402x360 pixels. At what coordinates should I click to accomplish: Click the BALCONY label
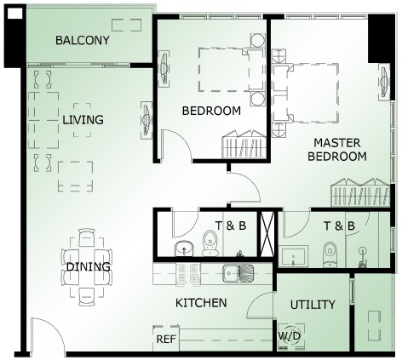(x=83, y=40)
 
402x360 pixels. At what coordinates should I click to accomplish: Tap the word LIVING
(x=83, y=120)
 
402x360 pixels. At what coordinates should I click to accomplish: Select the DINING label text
(x=88, y=266)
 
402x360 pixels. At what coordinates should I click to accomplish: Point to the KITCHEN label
(x=201, y=303)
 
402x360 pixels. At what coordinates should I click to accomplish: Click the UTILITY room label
(x=313, y=305)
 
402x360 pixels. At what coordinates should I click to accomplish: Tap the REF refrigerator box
(x=166, y=339)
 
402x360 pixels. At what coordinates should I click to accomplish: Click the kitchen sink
(x=238, y=273)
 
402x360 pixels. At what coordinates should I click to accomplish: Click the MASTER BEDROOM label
(x=337, y=150)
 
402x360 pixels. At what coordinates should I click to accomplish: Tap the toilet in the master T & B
(x=330, y=254)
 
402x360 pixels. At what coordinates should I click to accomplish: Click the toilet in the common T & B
(x=210, y=243)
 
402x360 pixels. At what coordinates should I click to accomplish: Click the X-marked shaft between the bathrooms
(x=267, y=234)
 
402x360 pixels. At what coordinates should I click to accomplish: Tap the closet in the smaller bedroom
(x=244, y=145)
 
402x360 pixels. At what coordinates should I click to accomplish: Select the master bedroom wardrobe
(x=360, y=192)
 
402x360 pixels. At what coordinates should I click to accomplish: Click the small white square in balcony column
(x=14, y=14)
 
